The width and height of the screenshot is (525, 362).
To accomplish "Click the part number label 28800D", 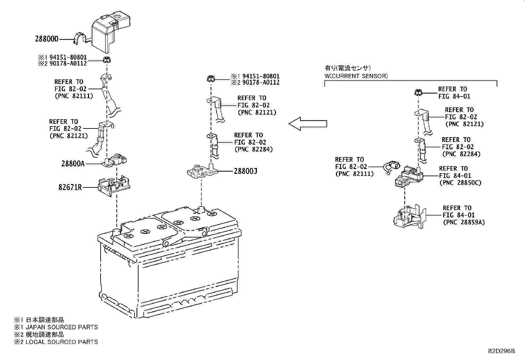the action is coord(46,39).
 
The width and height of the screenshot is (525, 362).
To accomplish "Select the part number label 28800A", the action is coord(73,163).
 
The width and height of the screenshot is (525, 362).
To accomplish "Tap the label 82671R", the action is coord(70,187).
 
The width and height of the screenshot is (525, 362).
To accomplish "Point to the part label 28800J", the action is coord(245,171).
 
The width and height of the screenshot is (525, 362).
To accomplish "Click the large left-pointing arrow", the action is coord(308,124).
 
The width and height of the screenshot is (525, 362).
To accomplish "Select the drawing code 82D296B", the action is coord(501,351).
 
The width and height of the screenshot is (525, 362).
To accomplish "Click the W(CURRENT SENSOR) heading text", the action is coord(356,76).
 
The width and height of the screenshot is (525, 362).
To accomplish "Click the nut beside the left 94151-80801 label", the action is coord(107,60).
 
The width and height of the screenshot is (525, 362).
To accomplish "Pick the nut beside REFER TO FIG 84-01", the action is coord(418,93).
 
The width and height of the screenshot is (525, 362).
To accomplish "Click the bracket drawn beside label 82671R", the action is coord(114,186).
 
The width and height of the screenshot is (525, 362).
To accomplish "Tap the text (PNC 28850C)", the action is coord(460,182).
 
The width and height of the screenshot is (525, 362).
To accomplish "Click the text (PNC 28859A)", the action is coord(464,222).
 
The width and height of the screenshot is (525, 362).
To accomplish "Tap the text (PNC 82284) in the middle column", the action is coord(254,149).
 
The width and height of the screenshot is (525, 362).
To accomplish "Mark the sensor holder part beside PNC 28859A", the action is coord(410,217).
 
